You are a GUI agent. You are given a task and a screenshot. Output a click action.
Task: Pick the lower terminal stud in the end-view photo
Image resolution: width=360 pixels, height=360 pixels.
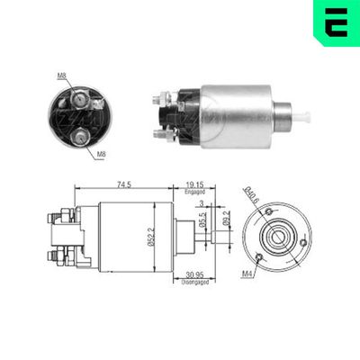[x=83, y=137]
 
